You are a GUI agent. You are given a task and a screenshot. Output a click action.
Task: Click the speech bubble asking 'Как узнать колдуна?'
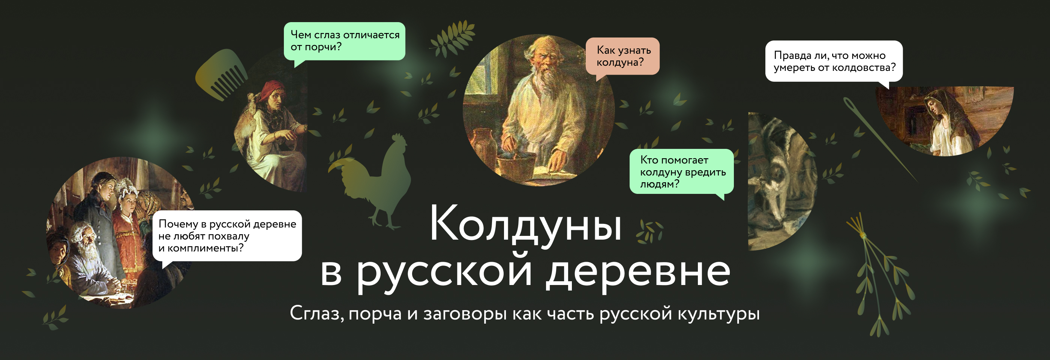click(622, 56)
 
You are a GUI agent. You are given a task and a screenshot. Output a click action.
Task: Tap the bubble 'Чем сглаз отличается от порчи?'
click(344, 41)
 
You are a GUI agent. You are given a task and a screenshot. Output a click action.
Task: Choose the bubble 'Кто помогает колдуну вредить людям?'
click(681, 172)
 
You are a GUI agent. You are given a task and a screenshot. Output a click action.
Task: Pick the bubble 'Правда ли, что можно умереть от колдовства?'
click(834, 61)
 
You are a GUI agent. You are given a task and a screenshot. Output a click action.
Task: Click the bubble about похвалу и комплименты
click(227, 235)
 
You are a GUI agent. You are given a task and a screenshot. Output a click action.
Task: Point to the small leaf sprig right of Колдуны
click(649, 231)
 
